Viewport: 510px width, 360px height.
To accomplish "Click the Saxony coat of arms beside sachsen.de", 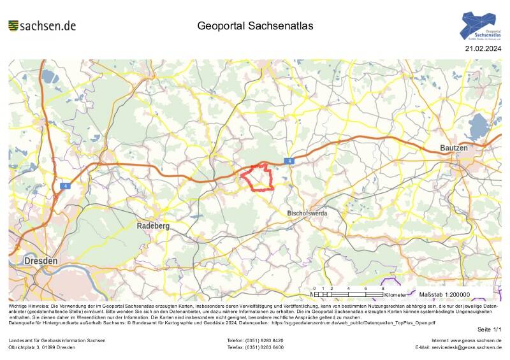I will [13, 25].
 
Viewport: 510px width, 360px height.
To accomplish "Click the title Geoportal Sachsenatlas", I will [255, 26].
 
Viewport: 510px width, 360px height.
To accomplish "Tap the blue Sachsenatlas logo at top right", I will [481, 27].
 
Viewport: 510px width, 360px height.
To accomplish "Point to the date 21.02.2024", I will [484, 48].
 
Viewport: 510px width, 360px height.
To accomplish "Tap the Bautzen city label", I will [454, 148].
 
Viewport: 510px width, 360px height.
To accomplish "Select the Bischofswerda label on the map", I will [307, 213].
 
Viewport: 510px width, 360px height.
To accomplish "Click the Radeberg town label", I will [153, 226].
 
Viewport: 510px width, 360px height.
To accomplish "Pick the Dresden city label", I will [41, 261].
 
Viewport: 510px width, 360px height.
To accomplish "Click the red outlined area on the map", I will [258, 177].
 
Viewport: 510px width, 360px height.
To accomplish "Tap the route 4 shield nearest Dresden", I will [65, 186].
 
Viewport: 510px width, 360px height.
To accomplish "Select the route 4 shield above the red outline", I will [290, 161].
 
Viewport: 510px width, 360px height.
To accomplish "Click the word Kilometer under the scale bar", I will [396, 295].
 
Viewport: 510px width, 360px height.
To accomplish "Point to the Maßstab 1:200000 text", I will [444, 294].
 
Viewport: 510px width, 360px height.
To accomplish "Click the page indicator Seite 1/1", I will [490, 329].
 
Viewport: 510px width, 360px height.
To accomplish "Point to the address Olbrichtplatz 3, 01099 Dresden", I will [41, 347].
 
